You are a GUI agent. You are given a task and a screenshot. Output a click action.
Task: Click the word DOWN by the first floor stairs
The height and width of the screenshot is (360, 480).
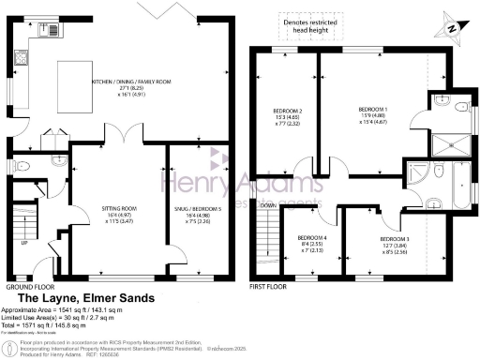[x=268, y=205]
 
